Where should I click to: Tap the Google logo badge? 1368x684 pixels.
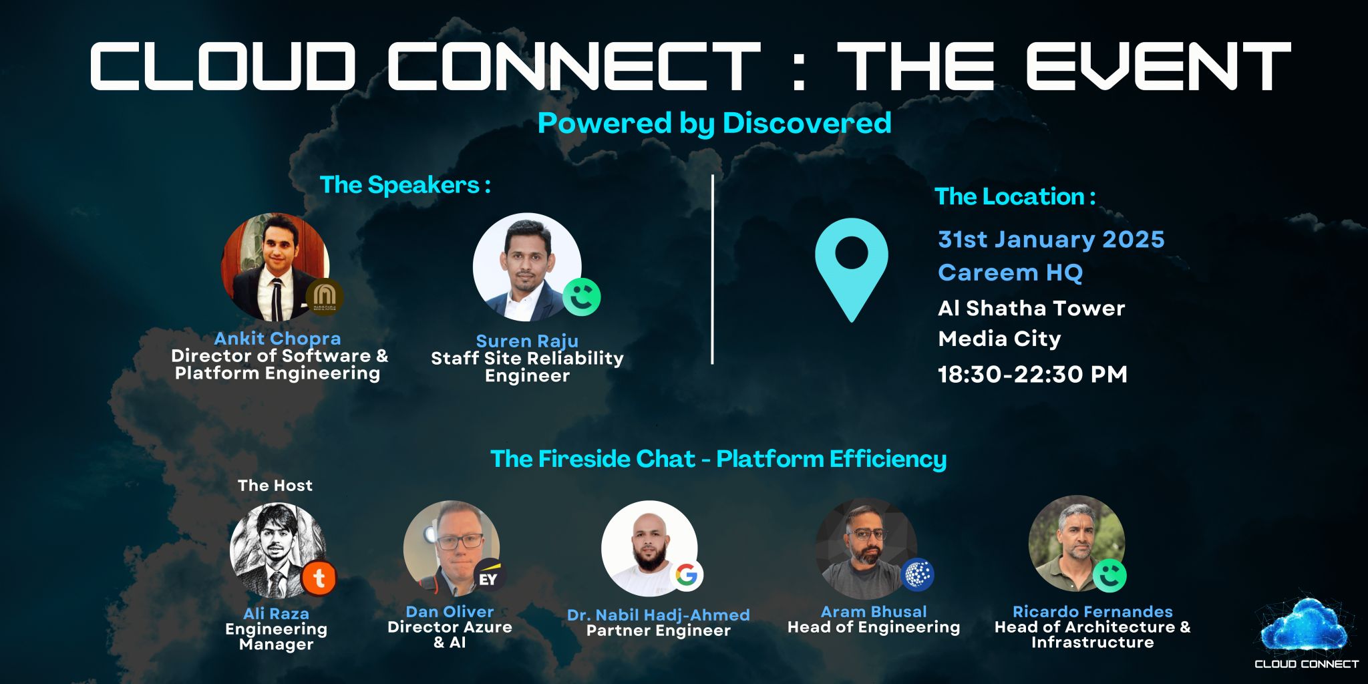click(x=686, y=574)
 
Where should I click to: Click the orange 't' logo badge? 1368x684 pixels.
click(x=319, y=578)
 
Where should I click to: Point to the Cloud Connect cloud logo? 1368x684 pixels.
click(x=1306, y=631)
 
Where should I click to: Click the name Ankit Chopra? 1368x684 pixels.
click(x=277, y=339)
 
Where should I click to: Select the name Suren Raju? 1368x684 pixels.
click(x=527, y=341)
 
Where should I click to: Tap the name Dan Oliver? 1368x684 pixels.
click(x=450, y=611)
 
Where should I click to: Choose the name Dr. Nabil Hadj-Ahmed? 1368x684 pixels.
click(x=658, y=615)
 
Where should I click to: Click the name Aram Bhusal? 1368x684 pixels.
click(x=874, y=611)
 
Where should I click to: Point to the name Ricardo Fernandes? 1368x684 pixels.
click(x=1092, y=611)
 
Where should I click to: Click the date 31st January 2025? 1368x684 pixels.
click(x=1051, y=239)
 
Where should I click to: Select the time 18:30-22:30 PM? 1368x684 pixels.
click(x=1033, y=374)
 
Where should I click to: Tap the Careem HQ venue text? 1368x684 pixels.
click(x=1010, y=273)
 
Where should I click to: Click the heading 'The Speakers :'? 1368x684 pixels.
click(x=405, y=185)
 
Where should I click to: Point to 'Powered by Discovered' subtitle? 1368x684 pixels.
click(x=714, y=124)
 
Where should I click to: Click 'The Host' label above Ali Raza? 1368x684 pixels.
click(x=275, y=486)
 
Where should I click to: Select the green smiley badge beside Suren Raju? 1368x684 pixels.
click(x=581, y=297)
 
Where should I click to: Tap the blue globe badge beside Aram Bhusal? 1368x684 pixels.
click(x=918, y=575)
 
